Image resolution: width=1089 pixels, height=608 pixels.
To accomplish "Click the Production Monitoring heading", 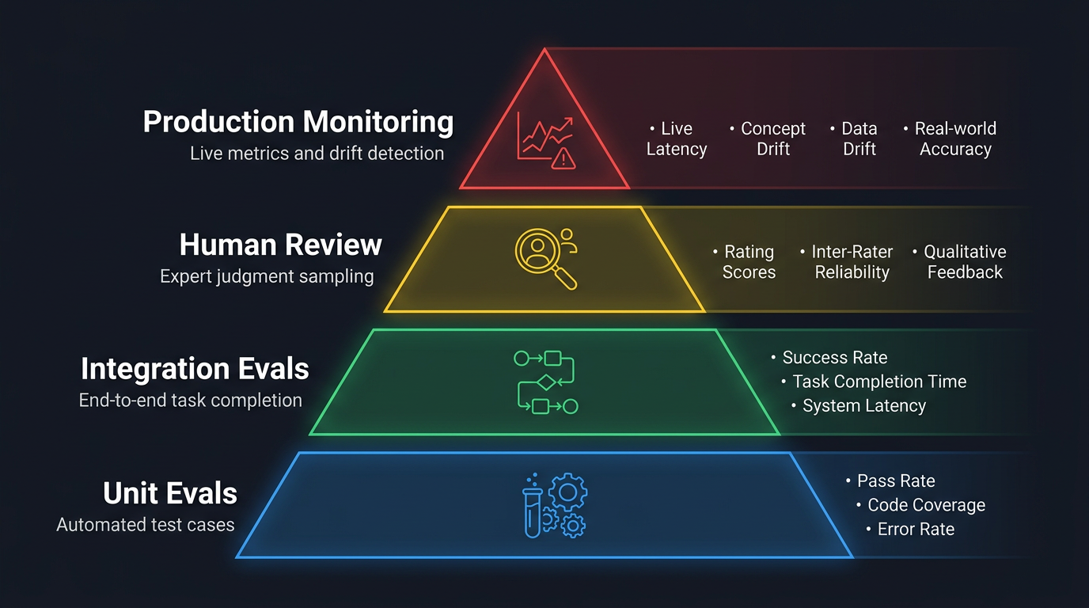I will pyautogui.click(x=298, y=122).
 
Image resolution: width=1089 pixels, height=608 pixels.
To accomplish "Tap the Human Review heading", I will pyautogui.click(x=281, y=245).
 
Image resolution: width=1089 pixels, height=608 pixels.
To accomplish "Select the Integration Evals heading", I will pyautogui.click(x=195, y=369).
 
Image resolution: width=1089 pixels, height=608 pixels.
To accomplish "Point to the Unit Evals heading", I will pyautogui.click(x=170, y=493).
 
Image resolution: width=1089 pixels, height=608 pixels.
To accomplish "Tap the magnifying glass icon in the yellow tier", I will pyautogui.click(x=545, y=256).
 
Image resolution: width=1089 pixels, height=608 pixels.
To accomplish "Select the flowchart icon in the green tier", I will pyautogui.click(x=545, y=382).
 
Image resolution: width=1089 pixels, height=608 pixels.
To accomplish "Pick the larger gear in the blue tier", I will pyautogui.click(x=567, y=492).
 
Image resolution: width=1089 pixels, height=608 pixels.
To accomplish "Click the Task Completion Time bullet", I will pyautogui.click(x=879, y=382).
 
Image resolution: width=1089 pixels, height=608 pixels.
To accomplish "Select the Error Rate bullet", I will pyautogui.click(x=916, y=530).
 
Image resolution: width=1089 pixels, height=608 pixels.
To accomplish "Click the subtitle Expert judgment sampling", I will pyautogui.click(x=267, y=277).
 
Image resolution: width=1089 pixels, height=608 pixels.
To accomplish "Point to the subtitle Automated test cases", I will pyautogui.click(x=146, y=524).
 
